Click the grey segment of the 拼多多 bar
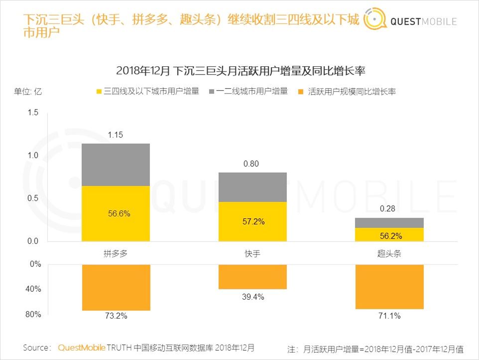(116, 165)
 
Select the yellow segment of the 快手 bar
(253, 222)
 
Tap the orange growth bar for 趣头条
(389, 287)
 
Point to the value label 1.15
(116, 135)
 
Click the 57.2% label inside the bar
(253, 222)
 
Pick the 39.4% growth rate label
(253, 297)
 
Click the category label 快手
(253, 253)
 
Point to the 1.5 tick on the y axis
(33, 113)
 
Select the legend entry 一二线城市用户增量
(248, 92)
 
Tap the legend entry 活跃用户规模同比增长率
(347, 92)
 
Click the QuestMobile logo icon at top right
(374, 20)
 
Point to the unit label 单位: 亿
(28, 92)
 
